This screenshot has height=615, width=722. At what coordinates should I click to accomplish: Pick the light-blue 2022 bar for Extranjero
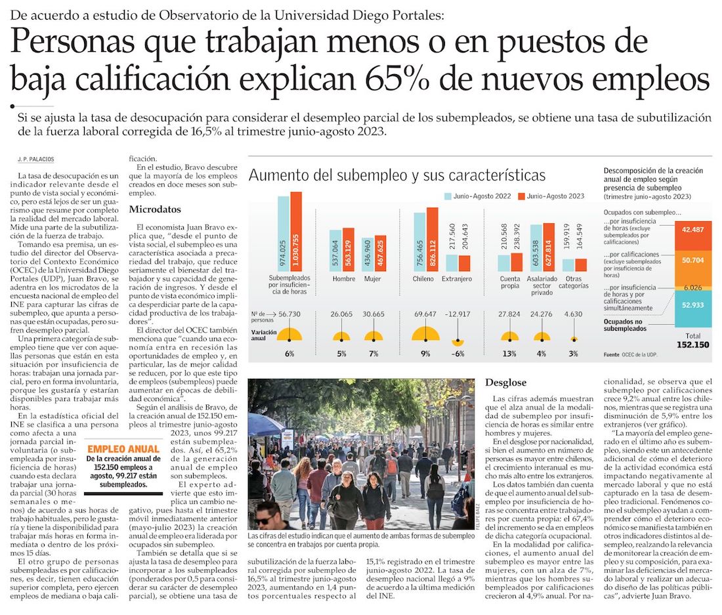pos(452,263)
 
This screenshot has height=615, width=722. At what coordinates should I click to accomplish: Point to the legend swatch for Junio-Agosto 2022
pos(448,196)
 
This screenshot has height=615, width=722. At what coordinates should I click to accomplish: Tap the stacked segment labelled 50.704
pos(693,260)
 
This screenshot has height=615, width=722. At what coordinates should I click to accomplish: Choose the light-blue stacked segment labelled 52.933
pos(693,305)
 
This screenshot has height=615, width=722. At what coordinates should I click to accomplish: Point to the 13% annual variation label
pos(510,354)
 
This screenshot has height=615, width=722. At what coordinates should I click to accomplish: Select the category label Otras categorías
pos(574,283)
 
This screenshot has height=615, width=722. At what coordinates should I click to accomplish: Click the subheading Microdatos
pos(155,209)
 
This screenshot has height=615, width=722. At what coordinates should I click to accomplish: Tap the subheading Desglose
pos(506,382)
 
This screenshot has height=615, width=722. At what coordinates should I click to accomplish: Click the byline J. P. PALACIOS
pos(36,159)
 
